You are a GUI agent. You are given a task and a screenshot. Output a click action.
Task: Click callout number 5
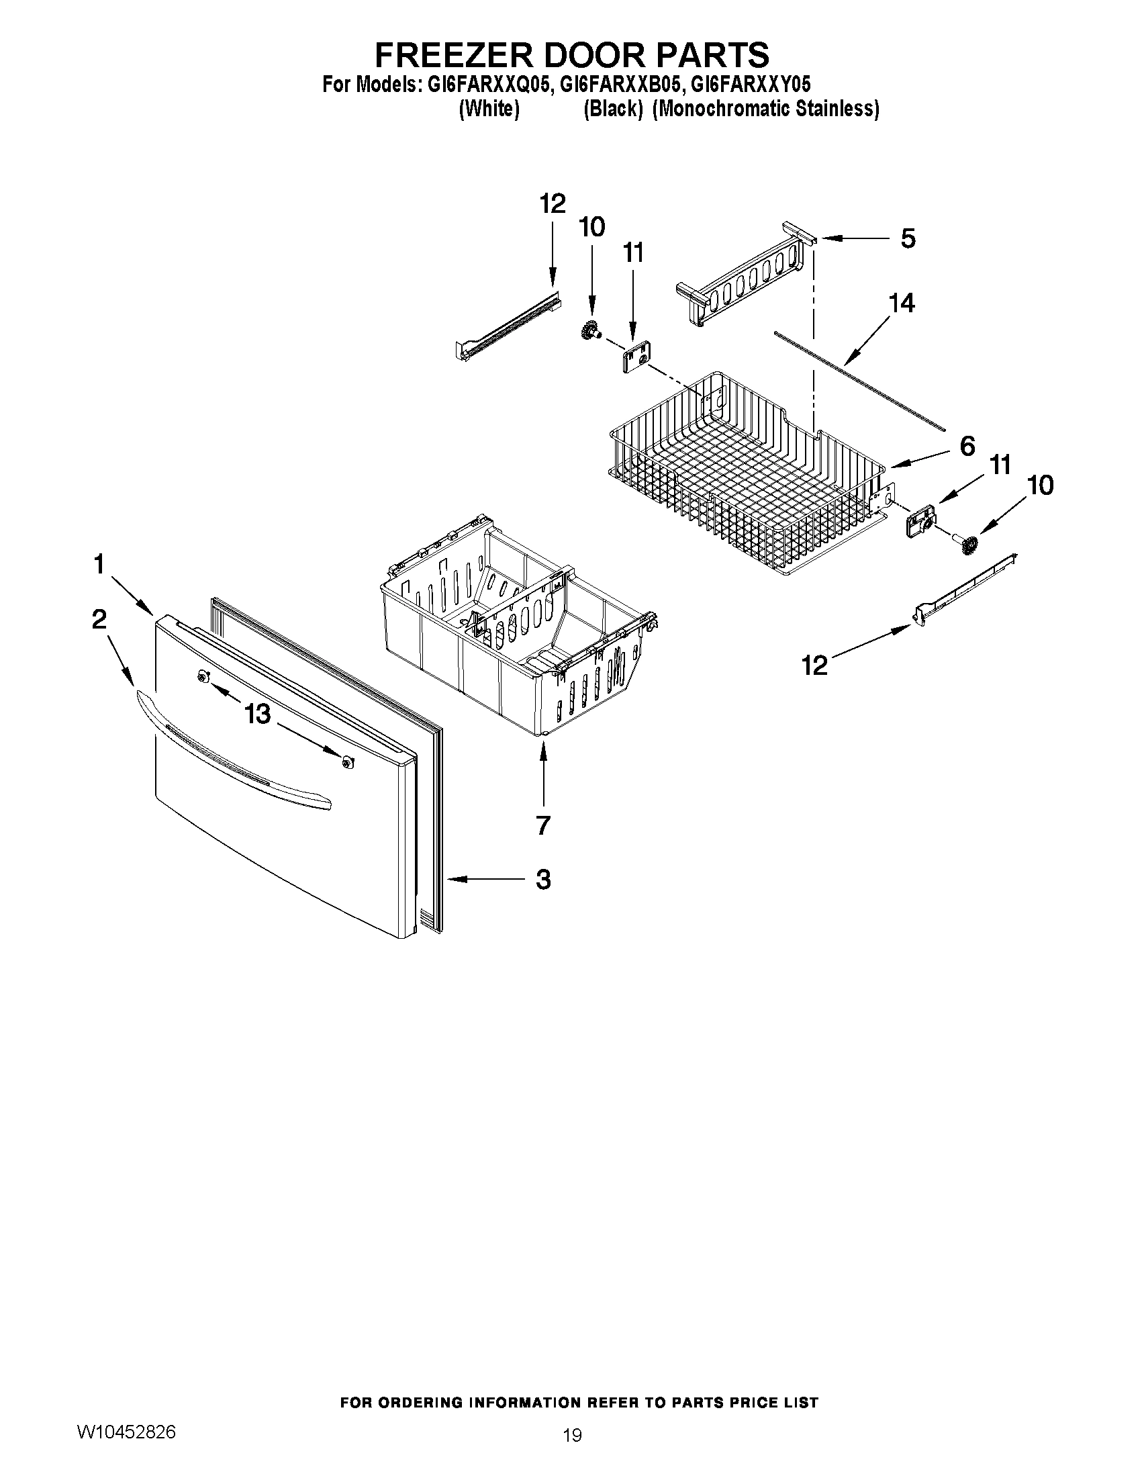click(x=908, y=238)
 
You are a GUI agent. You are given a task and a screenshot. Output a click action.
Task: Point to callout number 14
click(x=902, y=303)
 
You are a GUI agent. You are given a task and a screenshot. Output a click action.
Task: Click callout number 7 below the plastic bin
click(x=542, y=825)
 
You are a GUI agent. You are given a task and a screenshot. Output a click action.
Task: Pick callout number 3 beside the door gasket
click(x=542, y=879)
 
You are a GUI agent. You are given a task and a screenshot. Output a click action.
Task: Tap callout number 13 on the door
click(x=258, y=714)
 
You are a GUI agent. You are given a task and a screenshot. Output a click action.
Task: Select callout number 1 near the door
click(x=99, y=563)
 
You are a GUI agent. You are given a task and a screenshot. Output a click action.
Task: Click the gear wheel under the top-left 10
click(x=591, y=332)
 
